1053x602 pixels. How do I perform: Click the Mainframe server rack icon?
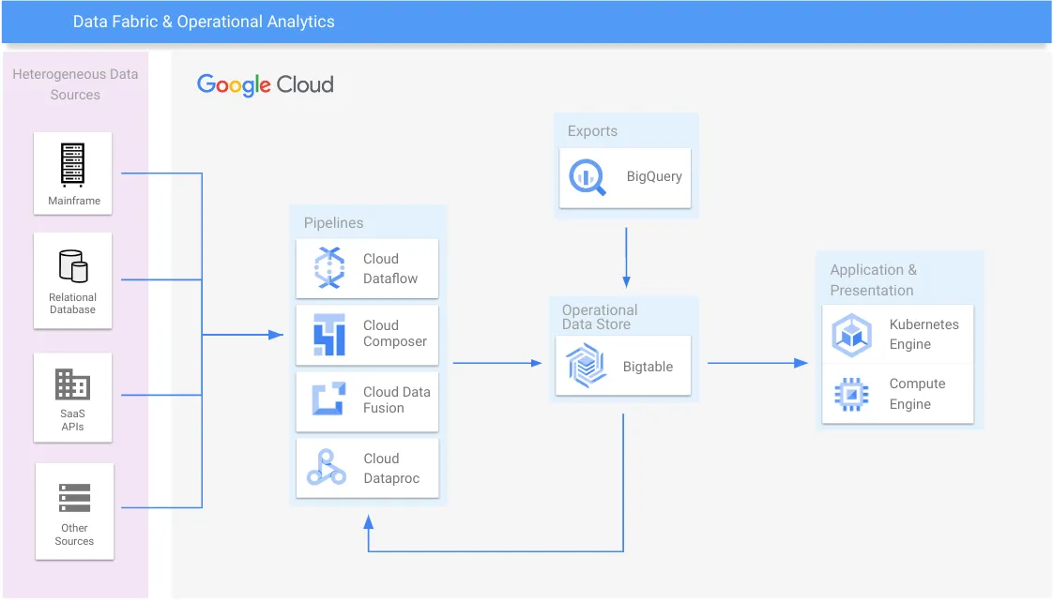pos(72,164)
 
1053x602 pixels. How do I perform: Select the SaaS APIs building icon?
pos(72,384)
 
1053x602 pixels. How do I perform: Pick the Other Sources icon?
pos(74,498)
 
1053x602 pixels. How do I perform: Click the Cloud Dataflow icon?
pos(329,268)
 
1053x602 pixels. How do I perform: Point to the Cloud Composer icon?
pos(329,335)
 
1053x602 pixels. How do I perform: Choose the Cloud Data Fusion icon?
pos(329,400)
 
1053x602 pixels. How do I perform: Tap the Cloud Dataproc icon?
pos(327,467)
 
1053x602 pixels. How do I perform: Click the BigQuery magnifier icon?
pos(589,176)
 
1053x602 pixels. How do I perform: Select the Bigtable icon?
pos(587,366)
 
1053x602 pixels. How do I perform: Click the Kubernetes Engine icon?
pos(851,335)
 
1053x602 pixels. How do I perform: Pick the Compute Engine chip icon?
pos(851,394)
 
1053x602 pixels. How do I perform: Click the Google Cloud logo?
pos(266,84)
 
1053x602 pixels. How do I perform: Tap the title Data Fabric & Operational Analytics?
pos(204,22)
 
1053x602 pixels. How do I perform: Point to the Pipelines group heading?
pos(333,223)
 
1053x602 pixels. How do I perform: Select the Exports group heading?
pos(592,131)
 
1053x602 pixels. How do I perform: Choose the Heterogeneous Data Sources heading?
pos(75,83)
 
